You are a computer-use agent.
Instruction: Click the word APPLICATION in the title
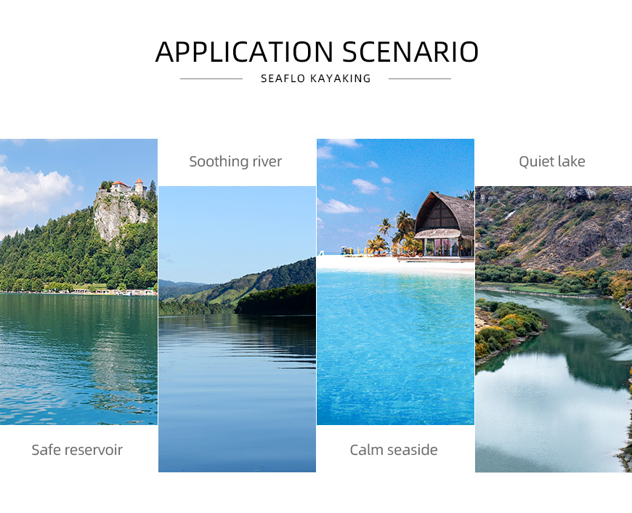[x=244, y=52]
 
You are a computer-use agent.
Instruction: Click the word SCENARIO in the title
[x=410, y=52]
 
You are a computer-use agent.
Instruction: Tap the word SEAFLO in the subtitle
[x=283, y=78]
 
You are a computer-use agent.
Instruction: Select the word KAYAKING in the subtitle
[x=340, y=78]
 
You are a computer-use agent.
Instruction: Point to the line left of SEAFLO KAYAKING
[x=211, y=79]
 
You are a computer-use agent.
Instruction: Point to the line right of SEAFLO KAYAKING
[x=420, y=79]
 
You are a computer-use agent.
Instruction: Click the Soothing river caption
[x=235, y=161]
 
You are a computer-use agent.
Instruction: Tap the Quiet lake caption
[x=552, y=161]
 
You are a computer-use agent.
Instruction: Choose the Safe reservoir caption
[x=77, y=450]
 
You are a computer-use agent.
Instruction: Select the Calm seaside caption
[x=394, y=450]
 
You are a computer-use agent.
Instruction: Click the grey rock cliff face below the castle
[x=117, y=213]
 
